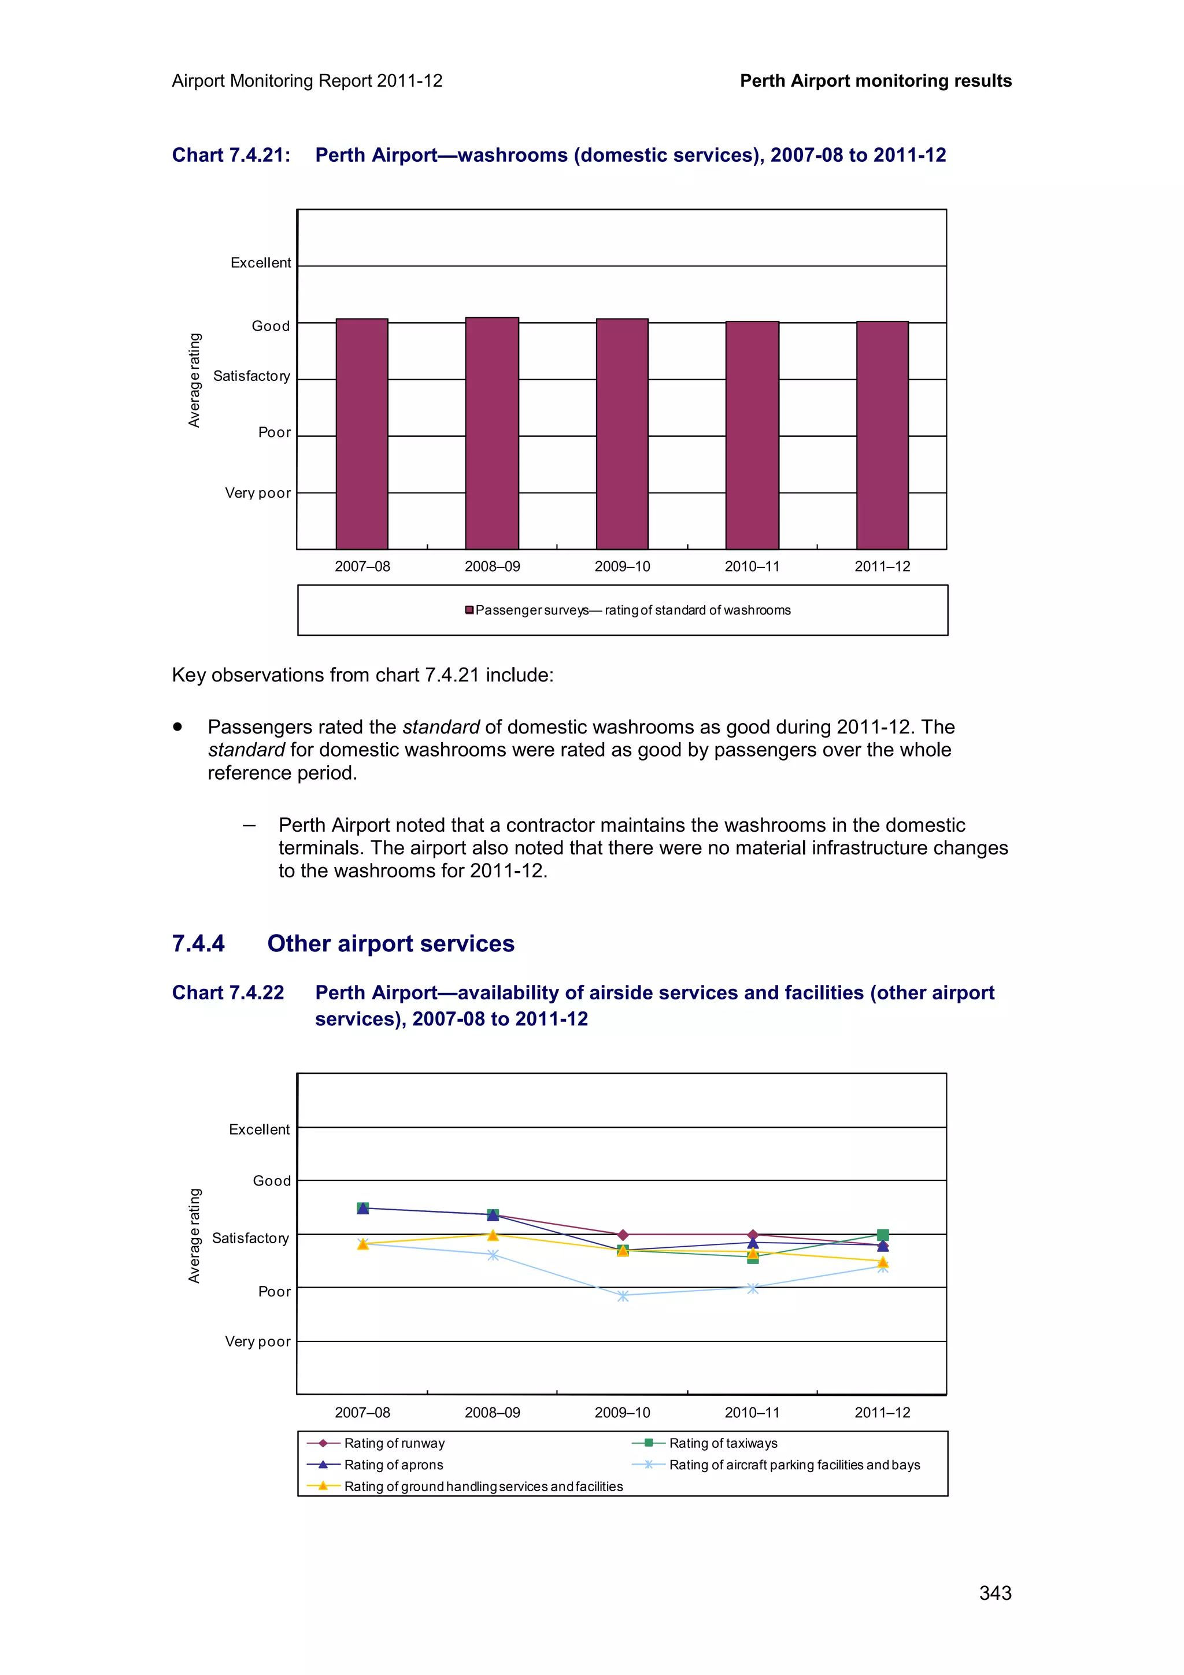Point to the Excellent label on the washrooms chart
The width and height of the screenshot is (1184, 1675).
pyautogui.click(x=260, y=262)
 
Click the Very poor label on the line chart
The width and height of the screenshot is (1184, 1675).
pyautogui.click(x=257, y=1342)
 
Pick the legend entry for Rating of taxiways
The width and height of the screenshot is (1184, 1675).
pyautogui.click(x=722, y=1443)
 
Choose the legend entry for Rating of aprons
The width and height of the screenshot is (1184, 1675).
pyautogui.click(x=393, y=1465)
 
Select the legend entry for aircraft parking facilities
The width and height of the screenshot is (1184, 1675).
pyautogui.click(x=794, y=1465)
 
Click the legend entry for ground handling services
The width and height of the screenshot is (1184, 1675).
pyautogui.click(x=483, y=1487)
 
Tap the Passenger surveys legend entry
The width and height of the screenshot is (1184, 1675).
pyautogui.click(x=632, y=610)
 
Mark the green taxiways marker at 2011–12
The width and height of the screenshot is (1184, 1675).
pyautogui.click(x=883, y=1235)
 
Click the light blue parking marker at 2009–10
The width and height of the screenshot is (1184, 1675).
pyautogui.click(x=622, y=1296)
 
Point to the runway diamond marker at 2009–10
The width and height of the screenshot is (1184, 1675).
pyautogui.click(x=622, y=1235)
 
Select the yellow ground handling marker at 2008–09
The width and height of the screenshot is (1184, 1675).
pyautogui.click(x=493, y=1235)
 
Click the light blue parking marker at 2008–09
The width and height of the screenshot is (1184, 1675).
pyautogui.click(x=493, y=1255)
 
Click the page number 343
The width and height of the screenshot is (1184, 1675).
pyautogui.click(x=995, y=1594)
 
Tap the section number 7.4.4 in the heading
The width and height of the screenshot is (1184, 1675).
pyautogui.click(x=198, y=943)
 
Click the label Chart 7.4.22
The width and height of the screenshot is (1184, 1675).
pyautogui.click(x=228, y=993)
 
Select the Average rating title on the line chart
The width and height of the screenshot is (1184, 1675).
pyautogui.click(x=194, y=1235)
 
